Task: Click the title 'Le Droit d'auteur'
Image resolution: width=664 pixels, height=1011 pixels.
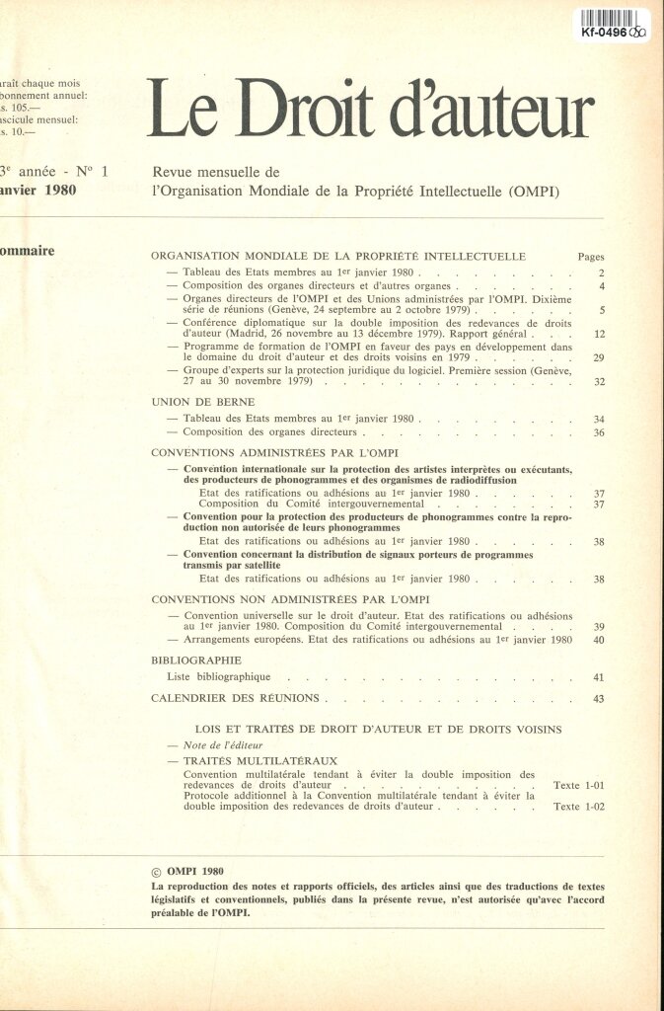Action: pyautogui.click(x=370, y=109)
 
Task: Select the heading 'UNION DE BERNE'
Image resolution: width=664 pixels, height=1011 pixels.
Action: pyautogui.click(x=203, y=402)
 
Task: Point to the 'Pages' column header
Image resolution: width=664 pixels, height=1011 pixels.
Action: pyautogui.click(x=590, y=257)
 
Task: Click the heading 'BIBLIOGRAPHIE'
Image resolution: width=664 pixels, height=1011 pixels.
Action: pyautogui.click(x=196, y=660)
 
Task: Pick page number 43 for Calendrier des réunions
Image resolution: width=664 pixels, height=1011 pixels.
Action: pyautogui.click(x=598, y=699)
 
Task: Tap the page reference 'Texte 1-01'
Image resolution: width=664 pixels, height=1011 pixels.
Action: pyautogui.click(x=579, y=786)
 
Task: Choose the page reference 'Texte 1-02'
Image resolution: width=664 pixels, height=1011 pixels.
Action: pyautogui.click(x=579, y=807)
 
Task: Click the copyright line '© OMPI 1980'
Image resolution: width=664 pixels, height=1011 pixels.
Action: pyautogui.click(x=187, y=872)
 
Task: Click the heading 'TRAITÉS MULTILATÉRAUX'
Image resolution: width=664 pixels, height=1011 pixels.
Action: pyautogui.click(x=260, y=761)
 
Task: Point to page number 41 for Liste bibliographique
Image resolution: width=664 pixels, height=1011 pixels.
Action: pyautogui.click(x=598, y=678)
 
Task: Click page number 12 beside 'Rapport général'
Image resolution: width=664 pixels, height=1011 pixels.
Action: pyautogui.click(x=598, y=335)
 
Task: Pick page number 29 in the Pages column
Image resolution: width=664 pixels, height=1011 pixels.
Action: pyautogui.click(x=598, y=358)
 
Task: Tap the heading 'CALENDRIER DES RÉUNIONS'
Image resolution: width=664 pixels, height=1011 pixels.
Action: pyautogui.click(x=235, y=698)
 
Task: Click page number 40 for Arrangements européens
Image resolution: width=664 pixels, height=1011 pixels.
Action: pyautogui.click(x=598, y=641)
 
